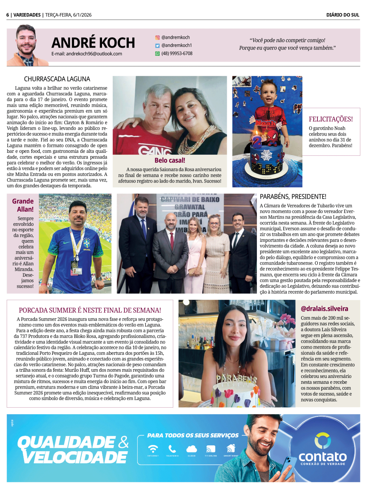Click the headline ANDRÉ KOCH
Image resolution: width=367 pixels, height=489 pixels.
point(93,43)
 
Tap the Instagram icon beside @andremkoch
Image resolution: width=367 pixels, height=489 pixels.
point(157,37)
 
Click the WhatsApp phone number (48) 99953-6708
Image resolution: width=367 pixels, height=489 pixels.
point(177,54)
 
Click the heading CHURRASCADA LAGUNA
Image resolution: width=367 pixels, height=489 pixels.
point(57,79)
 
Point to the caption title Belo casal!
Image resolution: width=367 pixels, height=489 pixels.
point(170,160)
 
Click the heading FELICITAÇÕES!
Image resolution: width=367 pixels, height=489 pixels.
point(331,119)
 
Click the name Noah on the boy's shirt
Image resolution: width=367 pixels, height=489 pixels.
point(266,123)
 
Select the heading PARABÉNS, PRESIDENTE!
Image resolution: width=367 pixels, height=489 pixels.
point(293,197)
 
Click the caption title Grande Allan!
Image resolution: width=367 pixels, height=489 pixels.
point(23,205)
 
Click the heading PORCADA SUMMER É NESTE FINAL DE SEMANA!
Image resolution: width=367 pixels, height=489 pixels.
point(90,310)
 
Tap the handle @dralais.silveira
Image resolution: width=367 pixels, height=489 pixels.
point(324,309)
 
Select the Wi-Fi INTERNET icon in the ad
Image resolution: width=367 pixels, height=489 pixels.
point(153,449)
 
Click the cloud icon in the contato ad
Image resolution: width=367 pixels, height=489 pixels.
point(192,449)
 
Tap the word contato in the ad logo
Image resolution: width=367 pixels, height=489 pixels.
point(323,457)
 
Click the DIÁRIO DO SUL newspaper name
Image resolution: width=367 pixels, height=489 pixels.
point(343,15)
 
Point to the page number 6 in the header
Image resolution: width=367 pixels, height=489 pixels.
point(8,15)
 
